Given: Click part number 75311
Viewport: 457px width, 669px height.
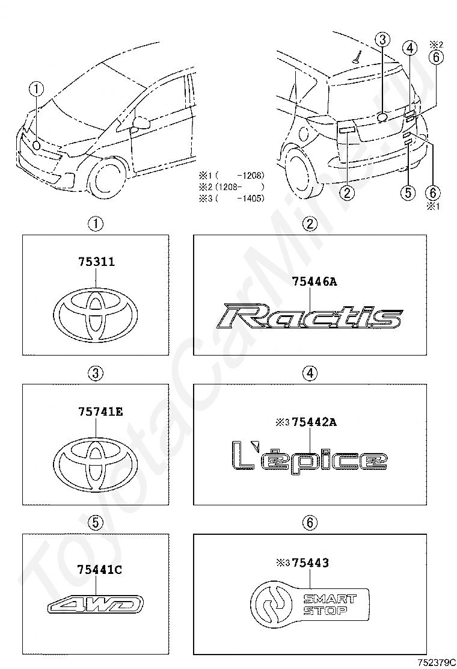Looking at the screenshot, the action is pyautogui.click(x=96, y=262).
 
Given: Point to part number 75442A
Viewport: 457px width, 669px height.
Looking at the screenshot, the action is pyautogui.click(x=314, y=422).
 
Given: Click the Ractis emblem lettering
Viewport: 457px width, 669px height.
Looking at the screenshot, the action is pyautogui.click(x=310, y=318).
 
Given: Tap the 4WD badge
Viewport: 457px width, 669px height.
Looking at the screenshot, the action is pyautogui.click(x=96, y=603).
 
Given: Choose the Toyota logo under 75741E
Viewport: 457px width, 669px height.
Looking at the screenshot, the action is pyautogui.click(x=96, y=461).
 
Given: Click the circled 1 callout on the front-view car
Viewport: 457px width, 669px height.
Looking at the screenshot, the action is pyautogui.click(x=38, y=89).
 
